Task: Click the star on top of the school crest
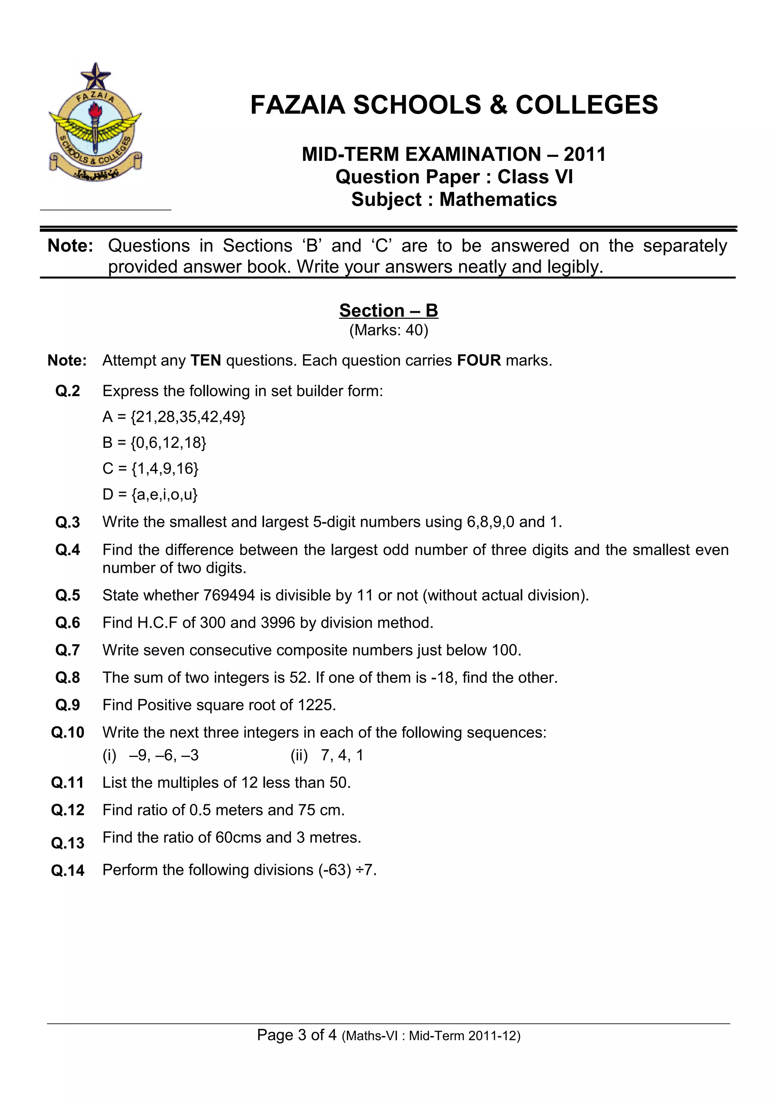[96, 75]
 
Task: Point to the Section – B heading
[388, 310]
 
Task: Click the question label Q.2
[68, 391]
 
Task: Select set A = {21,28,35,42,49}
[174, 417]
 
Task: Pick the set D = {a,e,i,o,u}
[150, 494]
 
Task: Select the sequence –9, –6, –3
[164, 755]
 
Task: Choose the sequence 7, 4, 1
[342, 755]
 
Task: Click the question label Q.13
[68, 843]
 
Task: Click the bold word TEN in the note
[206, 360]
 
